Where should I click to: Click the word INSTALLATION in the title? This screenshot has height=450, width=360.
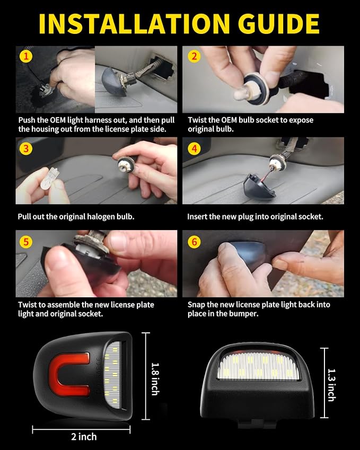coord(134,23)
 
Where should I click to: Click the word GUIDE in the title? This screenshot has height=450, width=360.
coord(278,23)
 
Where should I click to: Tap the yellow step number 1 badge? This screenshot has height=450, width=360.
coord(26,56)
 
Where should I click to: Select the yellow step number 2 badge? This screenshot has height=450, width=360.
coord(194,56)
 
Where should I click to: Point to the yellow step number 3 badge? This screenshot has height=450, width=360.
coord(26,148)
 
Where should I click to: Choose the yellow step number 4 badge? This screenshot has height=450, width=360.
coord(194,148)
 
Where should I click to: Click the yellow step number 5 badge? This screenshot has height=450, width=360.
coord(26,242)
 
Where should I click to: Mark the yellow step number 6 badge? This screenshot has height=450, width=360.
coord(194,242)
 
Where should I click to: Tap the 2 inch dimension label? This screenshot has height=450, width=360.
coord(84,437)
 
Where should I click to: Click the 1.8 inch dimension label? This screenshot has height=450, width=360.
coord(155,379)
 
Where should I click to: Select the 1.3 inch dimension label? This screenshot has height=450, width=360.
coord(331,385)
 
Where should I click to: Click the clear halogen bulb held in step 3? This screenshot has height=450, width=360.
coord(49,179)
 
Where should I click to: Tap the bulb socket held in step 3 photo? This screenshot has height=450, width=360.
coord(126,164)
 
